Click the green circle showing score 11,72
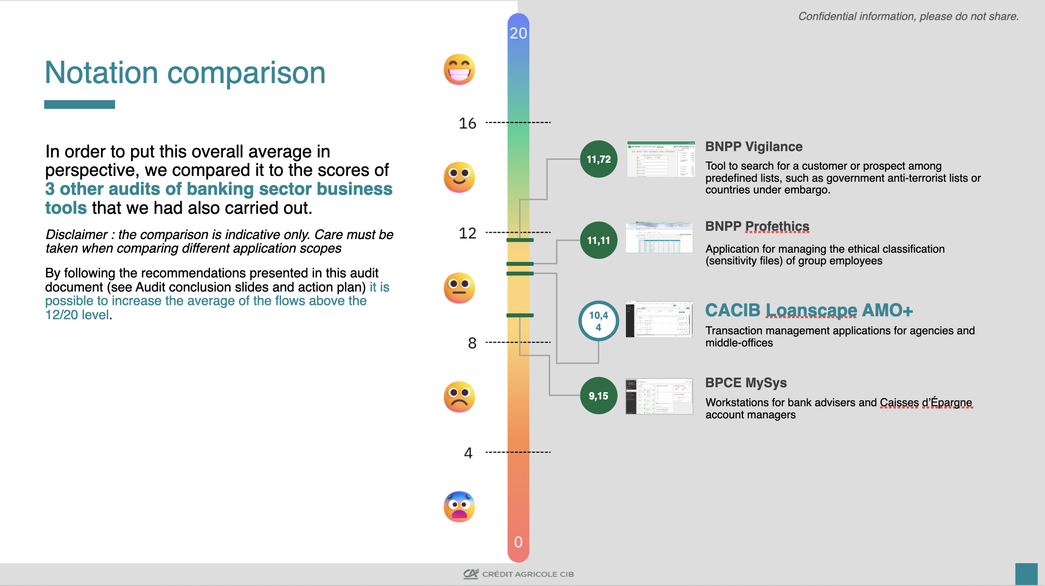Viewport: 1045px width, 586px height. pyautogui.click(x=598, y=159)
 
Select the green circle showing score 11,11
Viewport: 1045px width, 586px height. pyautogui.click(x=598, y=240)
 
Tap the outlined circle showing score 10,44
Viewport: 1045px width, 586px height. pyautogui.click(x=598, y=321)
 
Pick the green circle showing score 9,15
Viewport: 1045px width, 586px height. pyautogui.click(x=598, y=396)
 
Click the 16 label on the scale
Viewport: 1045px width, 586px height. pyautogui.click(x=467, y=123)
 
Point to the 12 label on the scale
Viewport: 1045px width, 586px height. pyautogui.click(x=467, y=233)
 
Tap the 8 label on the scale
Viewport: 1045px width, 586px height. pyautogui.click(x=472, y=343)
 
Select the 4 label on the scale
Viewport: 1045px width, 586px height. pyautogui.click(x=468, y=453)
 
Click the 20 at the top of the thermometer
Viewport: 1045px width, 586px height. pyautogui.click(x=518, y=33)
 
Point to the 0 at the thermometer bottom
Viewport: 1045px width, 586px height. pyautogui.click(x=518, y=542)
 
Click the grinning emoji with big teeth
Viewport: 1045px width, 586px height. pyautogui.click(x=459, y=69)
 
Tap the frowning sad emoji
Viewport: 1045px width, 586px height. pyautogui.click(x=459, y=397)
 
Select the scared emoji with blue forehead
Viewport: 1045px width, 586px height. pyautogui.click(x=459, y=507)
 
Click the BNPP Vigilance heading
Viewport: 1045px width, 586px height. pyautogui.click(x=754, y=147)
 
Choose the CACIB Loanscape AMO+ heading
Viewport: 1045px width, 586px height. pyautogui.click(x=809, y=310)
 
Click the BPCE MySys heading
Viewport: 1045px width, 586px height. pyautogui.click(x=746, y=383)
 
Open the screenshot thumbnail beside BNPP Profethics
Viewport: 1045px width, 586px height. pyautogui.click(x=659, y=237)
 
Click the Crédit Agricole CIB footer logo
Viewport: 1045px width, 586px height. pyautogui.click(x=518, y=574)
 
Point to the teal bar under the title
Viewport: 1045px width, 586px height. pyautogui.click(x=80, y=104)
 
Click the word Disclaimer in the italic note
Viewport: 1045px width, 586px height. pyautogui.click(x=76, y=235)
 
